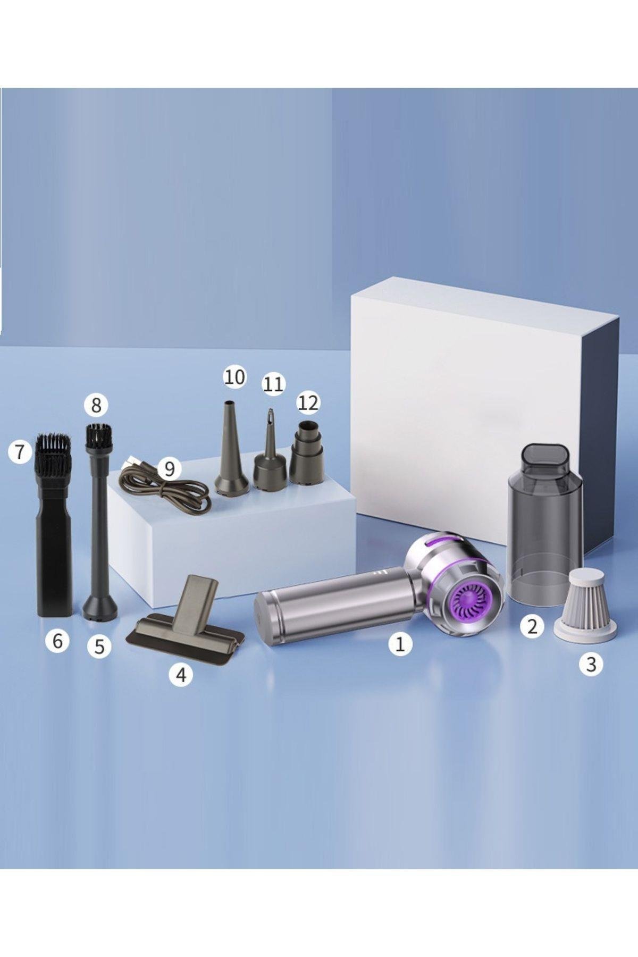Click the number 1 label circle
point(400,644)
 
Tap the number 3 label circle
point(591,664)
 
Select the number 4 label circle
point(181,675)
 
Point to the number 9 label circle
point(170,468)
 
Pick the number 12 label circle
point(308,402)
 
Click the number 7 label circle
point(20,452)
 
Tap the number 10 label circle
point(234,377)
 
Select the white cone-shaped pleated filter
point(585,605)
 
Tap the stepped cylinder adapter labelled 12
point(307,452)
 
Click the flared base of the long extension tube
point(100,607)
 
